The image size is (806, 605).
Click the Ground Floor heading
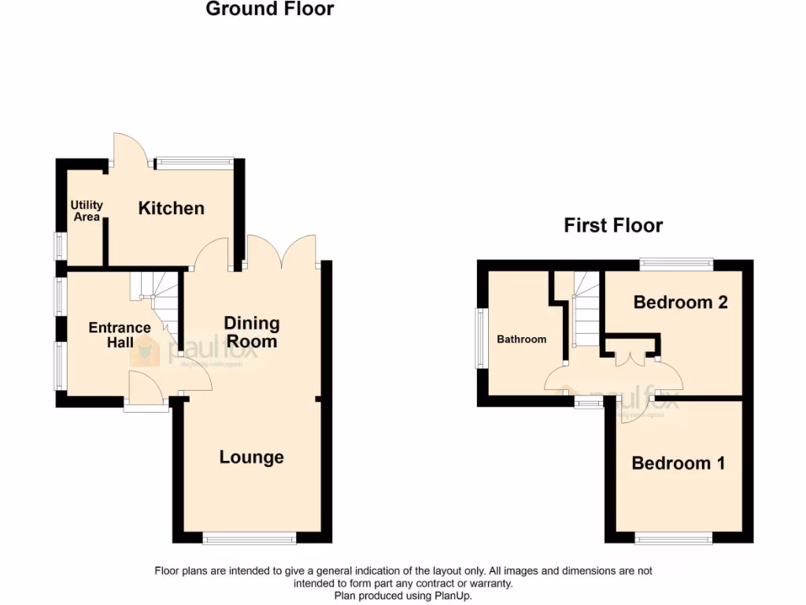click(269, 9)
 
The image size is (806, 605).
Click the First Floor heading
click(613, 226)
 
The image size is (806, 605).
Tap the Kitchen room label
click(171, 209)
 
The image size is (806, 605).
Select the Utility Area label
click(87, 211)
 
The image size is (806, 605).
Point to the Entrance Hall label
click(119, 335)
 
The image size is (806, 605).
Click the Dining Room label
click(252, 332)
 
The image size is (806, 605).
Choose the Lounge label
click(252, 457)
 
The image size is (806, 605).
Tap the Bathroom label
click(521, 340)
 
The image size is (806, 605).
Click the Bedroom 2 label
click(680, 302)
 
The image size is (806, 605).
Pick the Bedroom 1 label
click(678, 463)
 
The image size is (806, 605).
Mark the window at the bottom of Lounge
click(249, 539)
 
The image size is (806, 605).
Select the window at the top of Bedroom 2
click(676, 265)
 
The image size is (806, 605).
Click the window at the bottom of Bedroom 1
click(674, 539)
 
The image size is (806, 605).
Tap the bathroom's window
click(479, 338)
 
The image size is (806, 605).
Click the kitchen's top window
click(194, 163)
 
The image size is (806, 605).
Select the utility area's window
click(59, 245)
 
